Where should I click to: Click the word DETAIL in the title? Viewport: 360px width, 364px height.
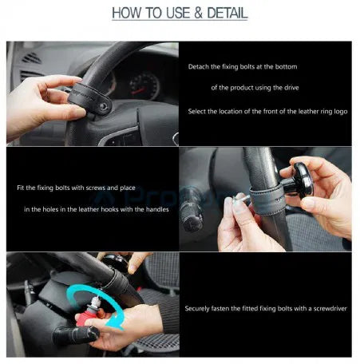(227, 13)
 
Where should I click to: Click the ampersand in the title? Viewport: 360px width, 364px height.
(198, 13)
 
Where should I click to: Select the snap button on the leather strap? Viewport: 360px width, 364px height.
(104, 106)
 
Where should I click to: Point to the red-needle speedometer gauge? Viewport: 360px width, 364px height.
(144, 85)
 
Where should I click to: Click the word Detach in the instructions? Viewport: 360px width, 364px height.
(199, 66)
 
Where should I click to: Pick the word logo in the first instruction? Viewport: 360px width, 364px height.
(341, 112)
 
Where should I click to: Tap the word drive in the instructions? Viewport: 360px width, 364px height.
(291, 88)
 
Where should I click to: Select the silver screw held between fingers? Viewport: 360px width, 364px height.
(241, 197)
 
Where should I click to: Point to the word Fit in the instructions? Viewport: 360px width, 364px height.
(21, 188)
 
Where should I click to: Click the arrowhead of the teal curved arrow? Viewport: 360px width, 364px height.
(113, 322)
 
